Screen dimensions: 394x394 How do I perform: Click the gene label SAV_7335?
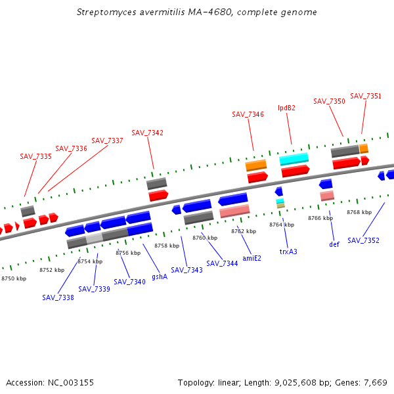click(35, 156)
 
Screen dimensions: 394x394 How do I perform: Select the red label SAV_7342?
click(147, 133)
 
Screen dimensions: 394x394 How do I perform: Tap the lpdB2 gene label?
click(286, 108)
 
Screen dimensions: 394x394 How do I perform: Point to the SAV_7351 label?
click(366, 96)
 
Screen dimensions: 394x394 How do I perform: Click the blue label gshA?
click(160, 277)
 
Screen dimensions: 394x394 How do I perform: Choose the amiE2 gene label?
click(252, 258)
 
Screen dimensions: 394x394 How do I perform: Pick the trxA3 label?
click(288, 252)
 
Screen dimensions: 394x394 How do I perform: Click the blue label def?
click(334, 244)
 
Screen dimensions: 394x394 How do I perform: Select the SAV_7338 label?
click(58, 297)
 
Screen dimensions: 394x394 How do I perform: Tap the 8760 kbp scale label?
click(204, 238)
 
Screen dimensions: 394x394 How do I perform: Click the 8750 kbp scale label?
click(14, 279)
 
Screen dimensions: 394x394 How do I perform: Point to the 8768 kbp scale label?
click(359, 212)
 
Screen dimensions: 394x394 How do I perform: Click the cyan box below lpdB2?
click(294, 159)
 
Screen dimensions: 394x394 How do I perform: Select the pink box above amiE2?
click(234, 211)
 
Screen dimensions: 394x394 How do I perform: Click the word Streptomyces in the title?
click(102, 12)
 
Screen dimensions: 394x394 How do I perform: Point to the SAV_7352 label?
click(363, 240)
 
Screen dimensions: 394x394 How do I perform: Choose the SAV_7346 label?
click(248, 114)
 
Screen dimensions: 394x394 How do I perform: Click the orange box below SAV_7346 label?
click(255, 165)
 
